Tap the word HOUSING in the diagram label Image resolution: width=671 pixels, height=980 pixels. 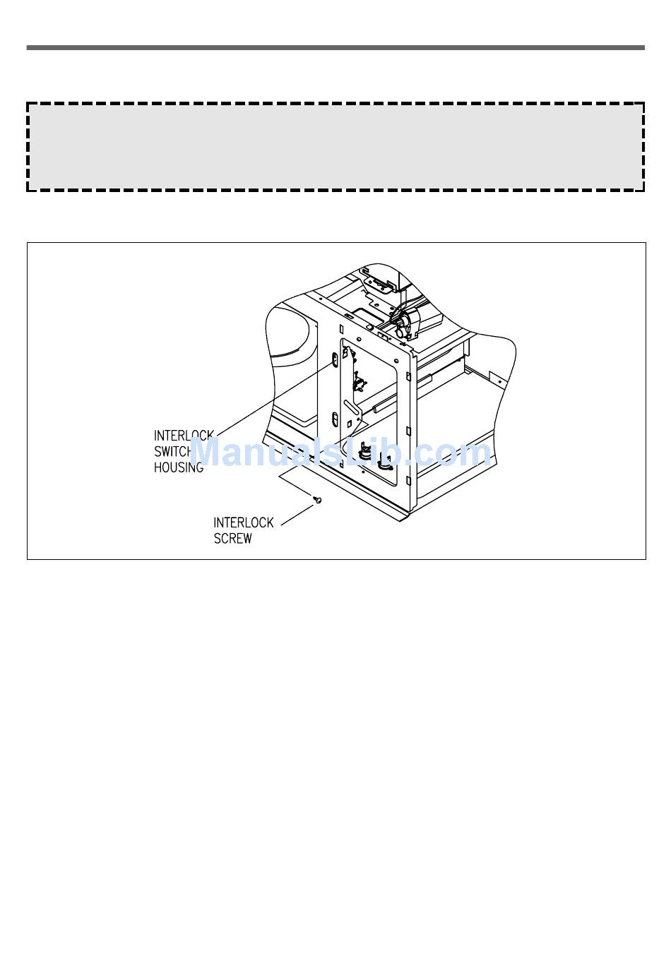click(179, 467)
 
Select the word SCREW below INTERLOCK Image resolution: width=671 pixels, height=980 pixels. click(232, 539)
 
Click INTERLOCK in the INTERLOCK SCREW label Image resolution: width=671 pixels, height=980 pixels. click(243, 523)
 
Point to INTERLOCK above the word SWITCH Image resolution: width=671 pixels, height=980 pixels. click(184, 436)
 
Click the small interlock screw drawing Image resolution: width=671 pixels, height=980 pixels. click(318, 500)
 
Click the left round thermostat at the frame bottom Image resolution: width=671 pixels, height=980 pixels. click(366, 450)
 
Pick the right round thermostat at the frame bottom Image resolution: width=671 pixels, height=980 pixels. click(387, 462)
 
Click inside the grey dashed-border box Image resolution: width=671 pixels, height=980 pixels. click(335, 147)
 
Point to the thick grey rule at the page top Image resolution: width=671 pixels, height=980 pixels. click(335, 48)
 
